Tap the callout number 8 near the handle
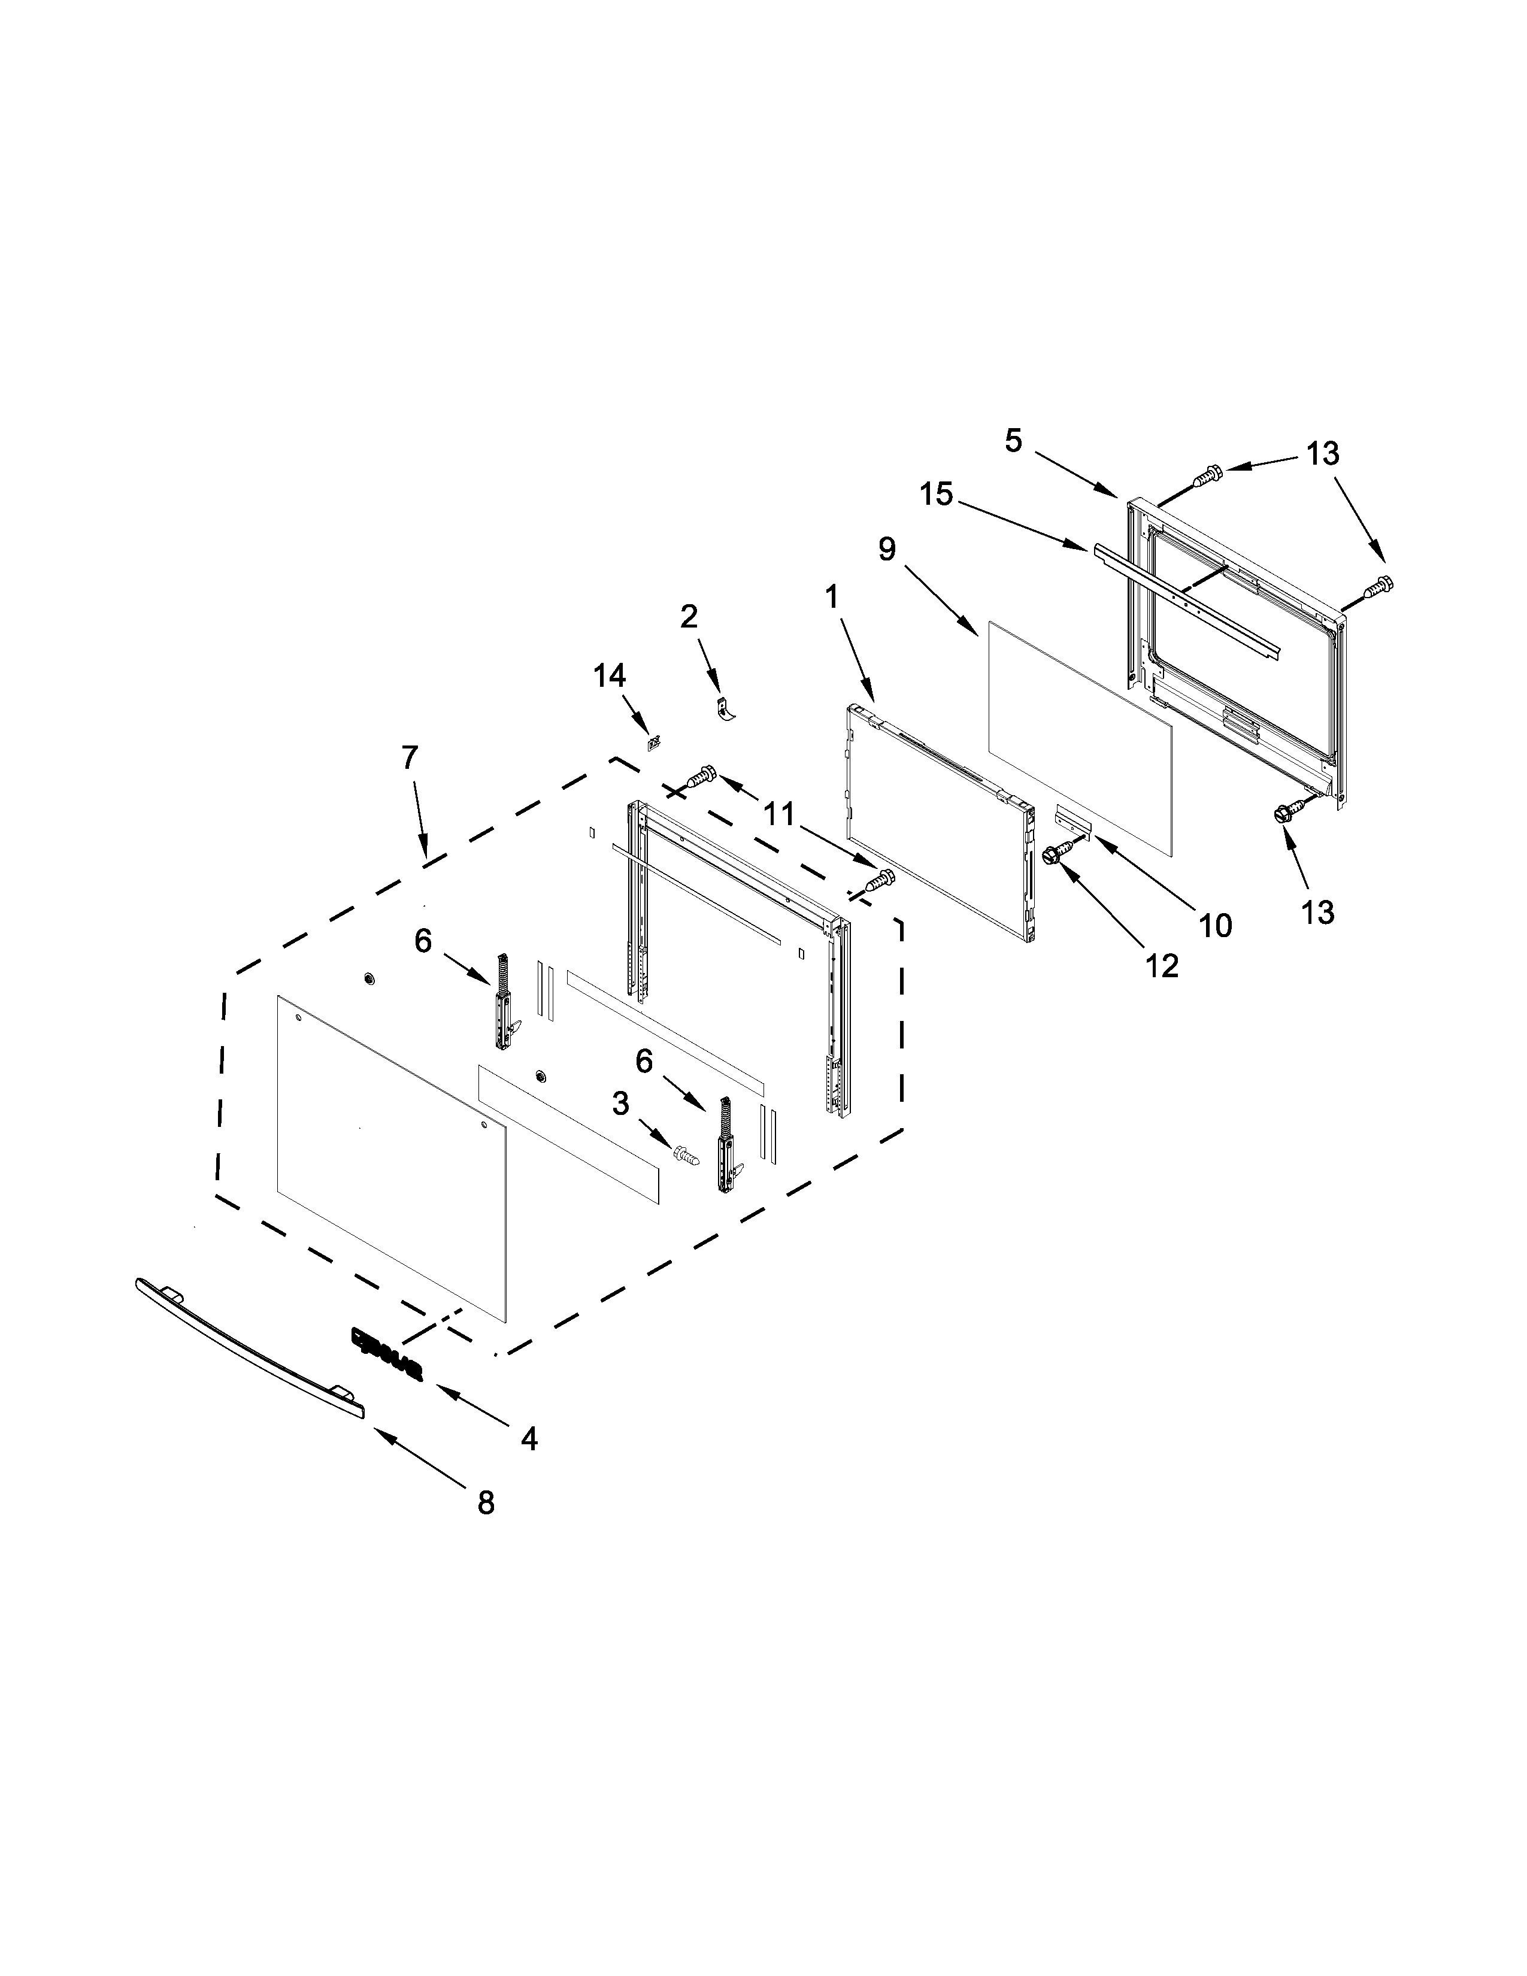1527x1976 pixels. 486,1503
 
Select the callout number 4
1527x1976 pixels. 529,1438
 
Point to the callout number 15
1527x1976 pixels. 937,494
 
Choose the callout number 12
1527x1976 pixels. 1162,966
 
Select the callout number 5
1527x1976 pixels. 1013,441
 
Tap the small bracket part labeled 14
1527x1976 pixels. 652,742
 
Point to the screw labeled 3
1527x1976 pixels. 686,1154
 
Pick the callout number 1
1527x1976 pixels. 831,596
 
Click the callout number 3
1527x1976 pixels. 620,1103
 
